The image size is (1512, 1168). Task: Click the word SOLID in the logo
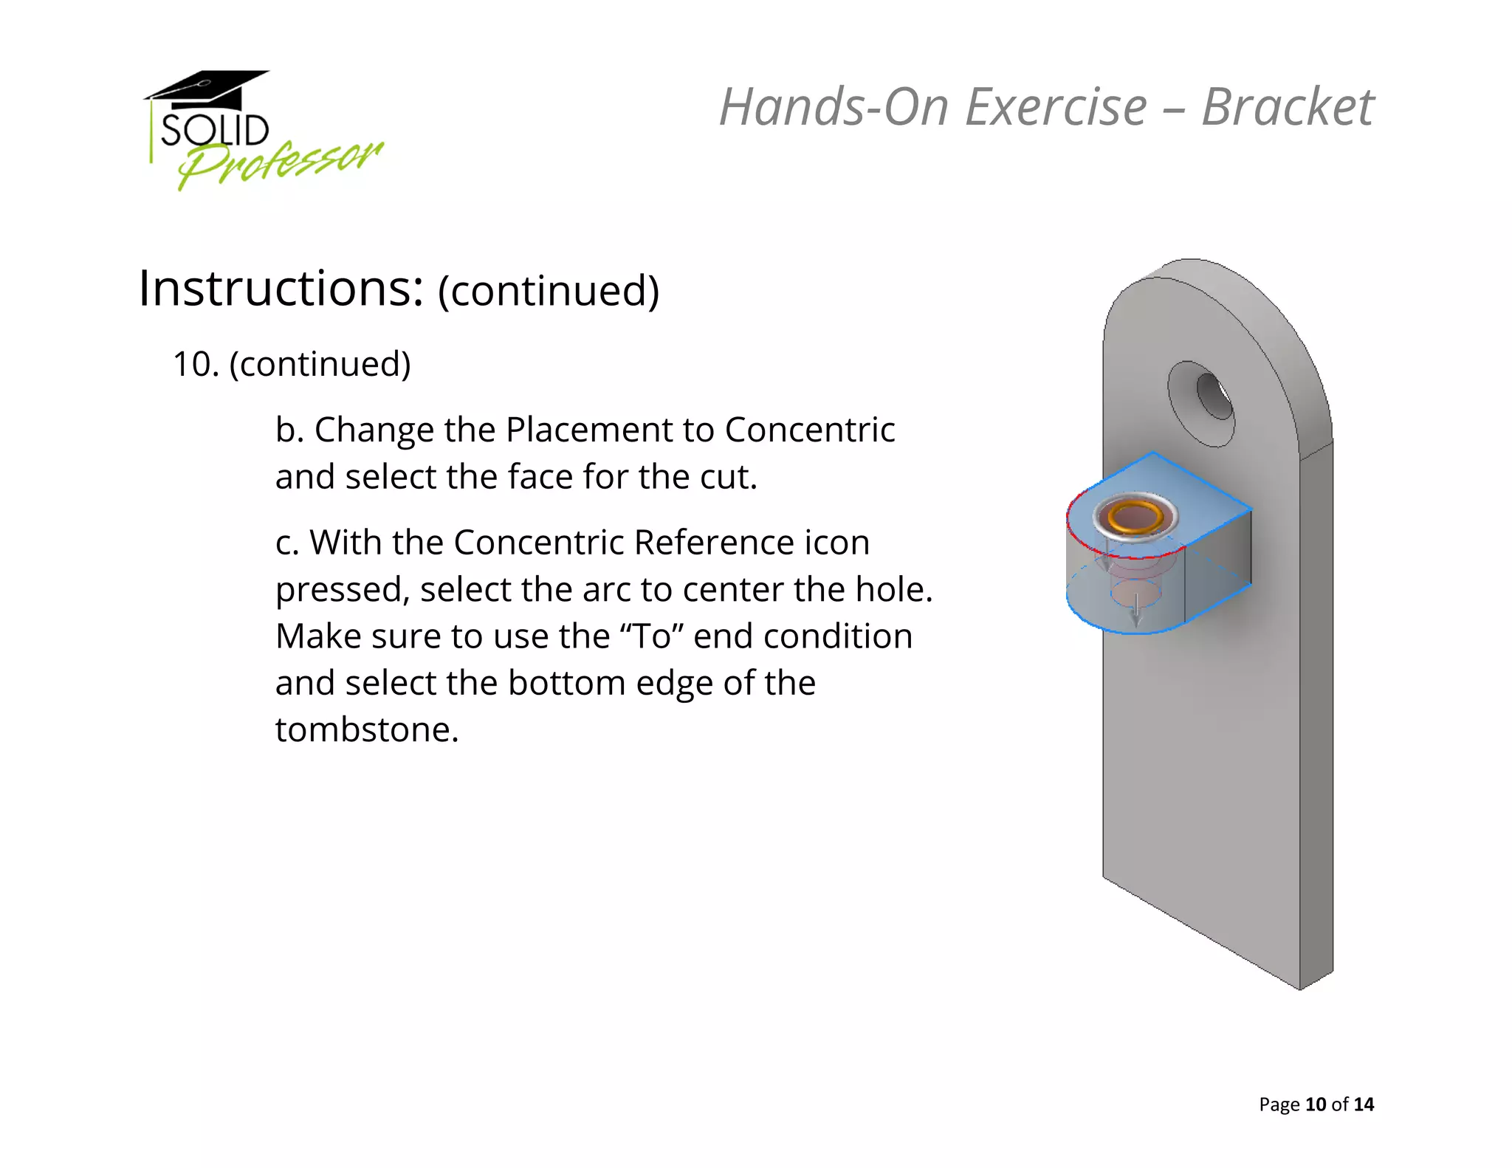tap(215, 131)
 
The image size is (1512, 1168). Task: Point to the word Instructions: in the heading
tap(281, 289)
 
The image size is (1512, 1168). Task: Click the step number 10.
tap(195, 365)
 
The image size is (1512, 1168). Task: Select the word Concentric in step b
tap(809, 430)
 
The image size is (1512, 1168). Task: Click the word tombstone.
tap(366, 730)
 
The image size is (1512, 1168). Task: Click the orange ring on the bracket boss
tap(1135, 516)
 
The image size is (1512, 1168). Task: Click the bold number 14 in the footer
tap(1364, 1105)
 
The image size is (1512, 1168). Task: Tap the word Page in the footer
tap(1279, 1105)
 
